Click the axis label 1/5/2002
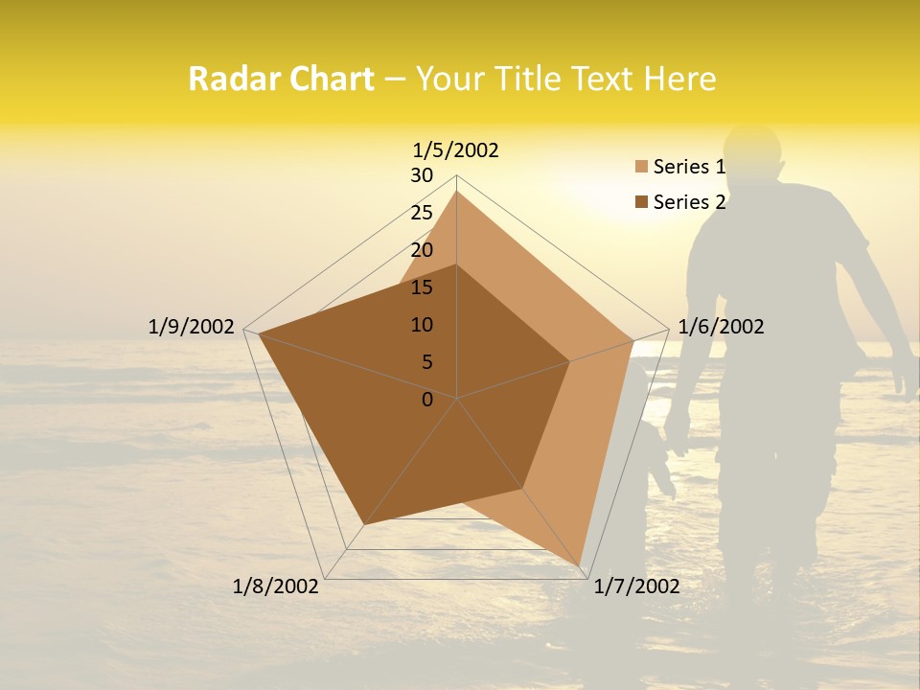coord(455,150)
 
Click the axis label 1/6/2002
coord(721,327)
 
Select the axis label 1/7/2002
coord(636,586)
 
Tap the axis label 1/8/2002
coord(276,586)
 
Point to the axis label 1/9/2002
coord(191,327)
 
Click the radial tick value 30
coord(422,175)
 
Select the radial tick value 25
coord(422,213)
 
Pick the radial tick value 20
coord(422,250)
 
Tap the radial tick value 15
coord(422,287)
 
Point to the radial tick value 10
coord(422,325)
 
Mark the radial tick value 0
coord(427,400)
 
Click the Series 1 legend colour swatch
coord(641,168)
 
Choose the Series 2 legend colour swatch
coord(641,202)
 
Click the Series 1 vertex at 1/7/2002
coord(581,566)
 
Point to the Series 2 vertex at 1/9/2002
coord(259,333)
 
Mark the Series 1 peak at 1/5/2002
coord(457,192)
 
